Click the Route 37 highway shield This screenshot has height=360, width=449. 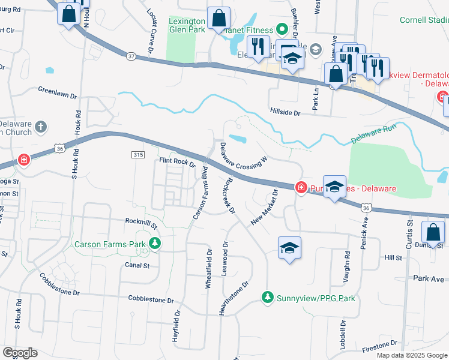[x=131, y=56]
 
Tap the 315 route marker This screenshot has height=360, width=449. [x=137, y=155]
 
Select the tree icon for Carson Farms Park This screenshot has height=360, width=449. [x=155, y=244]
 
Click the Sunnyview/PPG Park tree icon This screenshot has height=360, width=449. [x=268, y=297]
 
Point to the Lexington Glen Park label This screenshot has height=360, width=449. [x=187, y=25]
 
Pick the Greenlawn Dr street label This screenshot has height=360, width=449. [x=58, y=95]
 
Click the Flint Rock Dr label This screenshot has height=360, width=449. [x=177, y=161]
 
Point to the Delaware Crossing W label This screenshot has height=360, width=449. [x=243, y=155]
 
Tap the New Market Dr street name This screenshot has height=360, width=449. [x=265, y=208]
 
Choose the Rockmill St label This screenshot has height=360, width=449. [x=140, y=223]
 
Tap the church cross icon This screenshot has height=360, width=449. [x=40, y=127]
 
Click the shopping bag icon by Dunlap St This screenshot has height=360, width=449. [x=433, y=233]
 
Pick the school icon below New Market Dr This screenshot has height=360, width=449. [x=289, y=247]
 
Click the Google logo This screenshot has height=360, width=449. [x=20, y=353]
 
